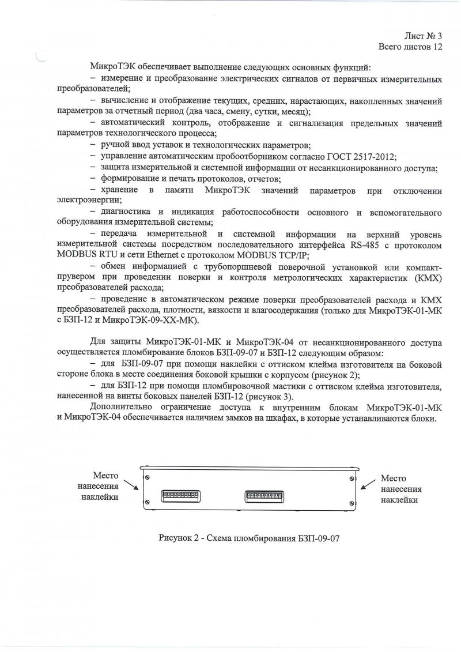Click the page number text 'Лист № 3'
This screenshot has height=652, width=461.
[422, 36]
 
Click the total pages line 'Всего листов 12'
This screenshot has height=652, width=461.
[410, 46]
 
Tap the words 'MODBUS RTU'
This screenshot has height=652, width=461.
[81, 256]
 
